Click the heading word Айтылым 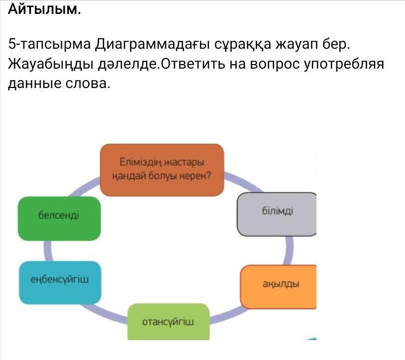tap(44, 9)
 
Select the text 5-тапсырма tap(50, 44)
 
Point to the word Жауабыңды tap(51, 64)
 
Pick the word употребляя tap(344, 64)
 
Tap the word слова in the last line tap(88, 84)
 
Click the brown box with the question tap(162, 170)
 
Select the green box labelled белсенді tap(59, 219)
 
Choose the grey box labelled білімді tap(277, 214)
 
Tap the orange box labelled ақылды tap(279, 287)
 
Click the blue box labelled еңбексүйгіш tap(60, 282)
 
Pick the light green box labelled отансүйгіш tap(168, 322)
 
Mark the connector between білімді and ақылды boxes tap(289, 250)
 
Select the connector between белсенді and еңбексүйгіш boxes tap(48, 251)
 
